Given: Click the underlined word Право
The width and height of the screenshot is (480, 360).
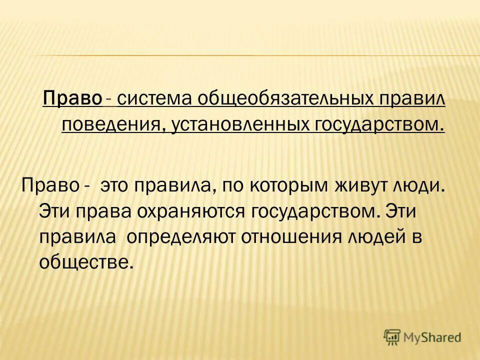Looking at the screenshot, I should coord(72,98).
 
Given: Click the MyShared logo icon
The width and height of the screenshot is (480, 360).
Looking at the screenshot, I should coord(392,337).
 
